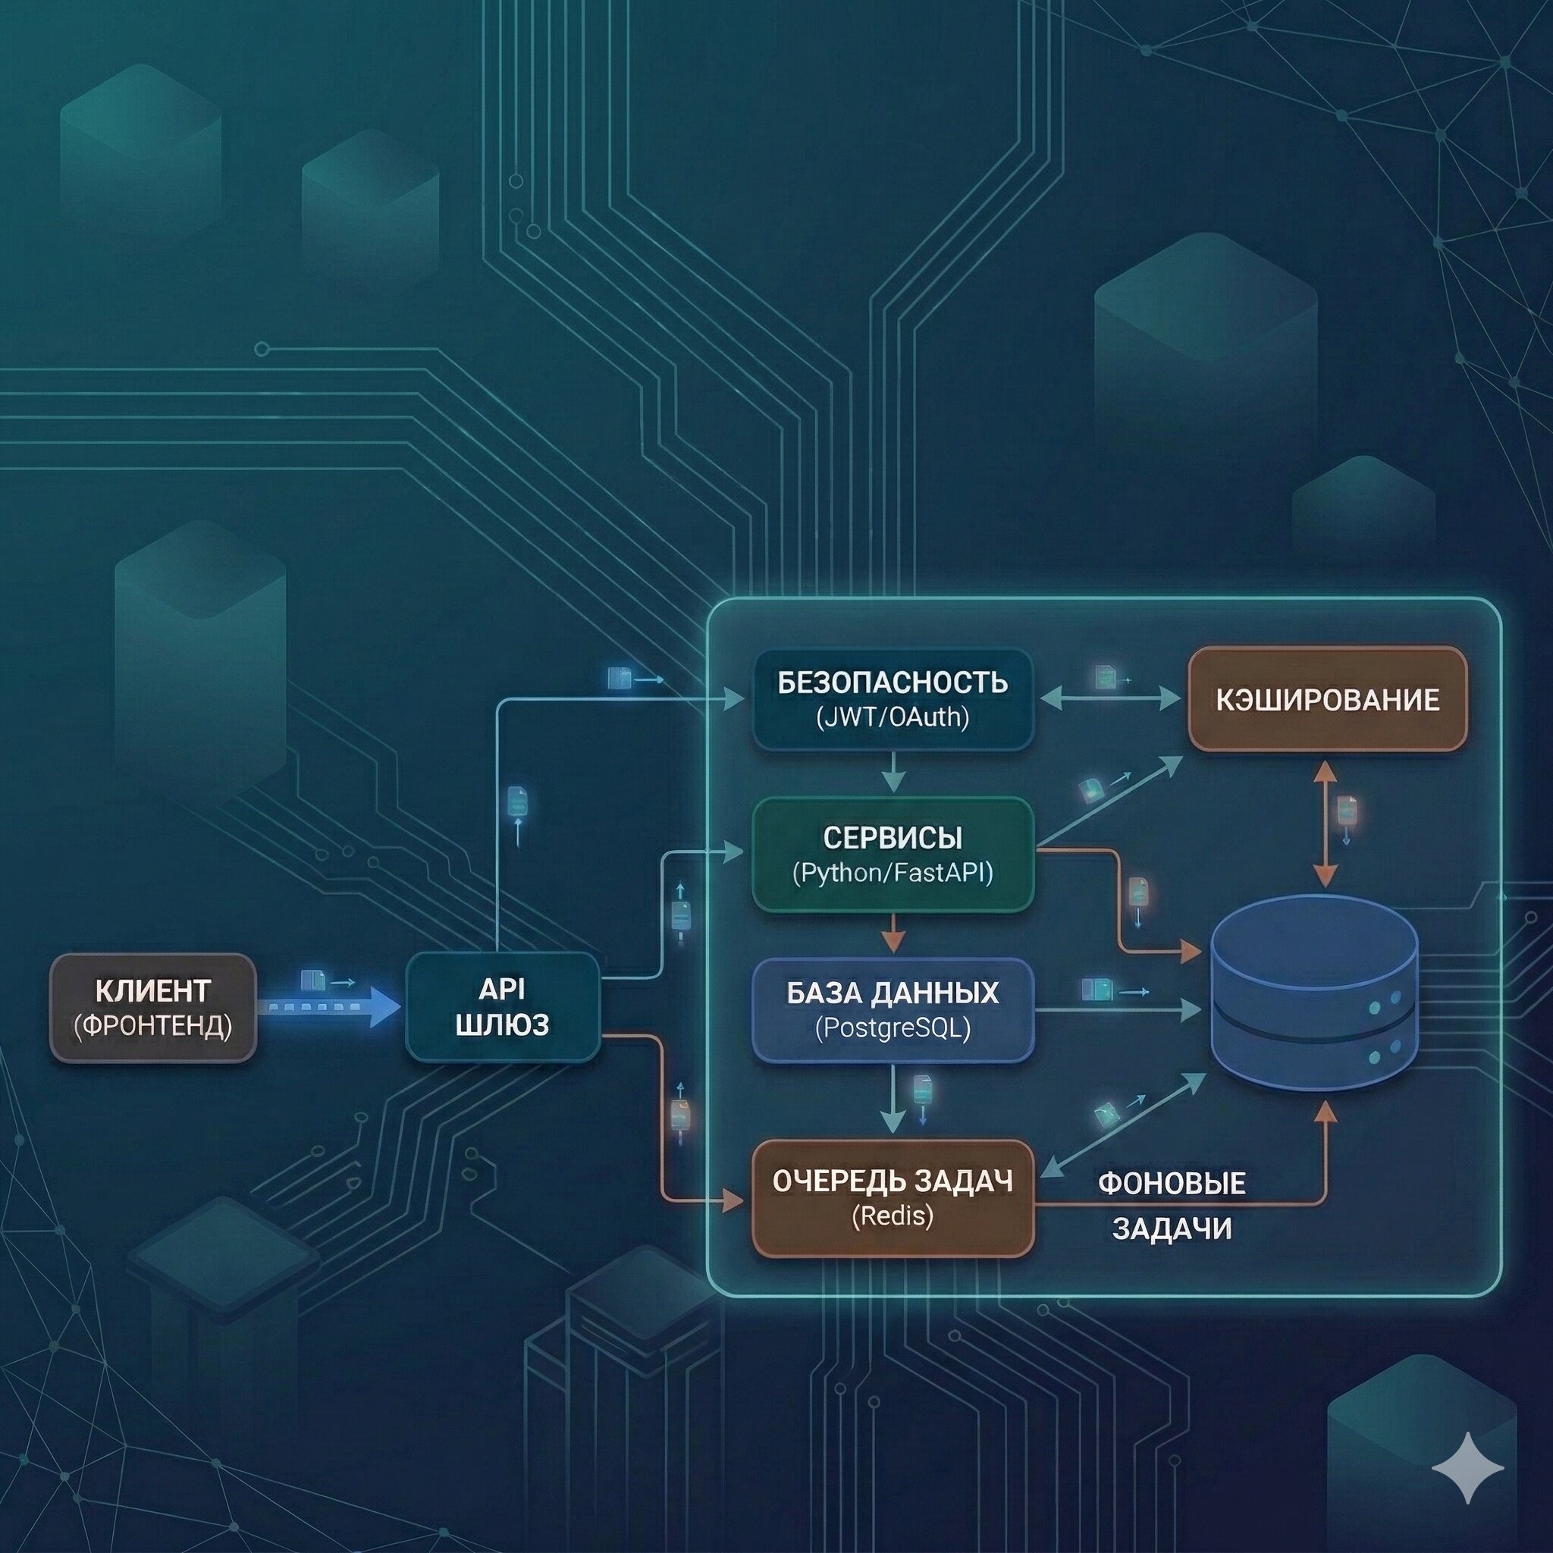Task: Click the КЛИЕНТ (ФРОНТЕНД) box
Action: point(152,1008)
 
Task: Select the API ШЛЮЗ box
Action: point(503,1006)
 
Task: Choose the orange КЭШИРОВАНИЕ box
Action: point(1327,698)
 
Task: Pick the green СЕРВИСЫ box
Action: point(893,854)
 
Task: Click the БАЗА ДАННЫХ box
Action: point(893,1009)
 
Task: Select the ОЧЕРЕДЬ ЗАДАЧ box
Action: point(893,1197)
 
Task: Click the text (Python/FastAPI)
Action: point(893,872)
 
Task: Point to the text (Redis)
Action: point(893,1216)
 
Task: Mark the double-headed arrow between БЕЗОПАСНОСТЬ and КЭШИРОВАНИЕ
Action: point(1110,699)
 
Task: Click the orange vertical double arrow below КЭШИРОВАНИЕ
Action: point(1325,824)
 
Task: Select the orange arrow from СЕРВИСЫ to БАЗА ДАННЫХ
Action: point(893,935)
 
